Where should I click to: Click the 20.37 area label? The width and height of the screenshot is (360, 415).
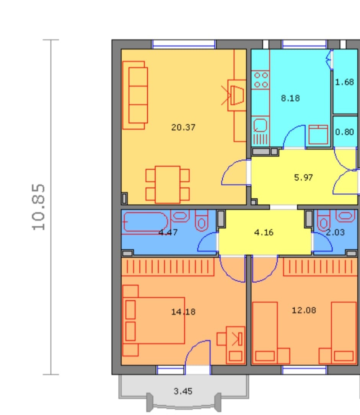pos(183,128)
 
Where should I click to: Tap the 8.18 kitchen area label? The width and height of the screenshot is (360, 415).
pos(290,98)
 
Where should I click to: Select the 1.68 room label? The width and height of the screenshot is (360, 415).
pos(344,82)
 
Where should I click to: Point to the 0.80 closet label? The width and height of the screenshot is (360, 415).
pos(344,132)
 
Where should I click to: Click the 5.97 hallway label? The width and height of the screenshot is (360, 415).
pos(303,177)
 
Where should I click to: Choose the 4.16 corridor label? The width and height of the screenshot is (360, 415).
pos(264,232)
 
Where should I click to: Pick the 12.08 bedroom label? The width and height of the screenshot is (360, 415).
pos(304,310)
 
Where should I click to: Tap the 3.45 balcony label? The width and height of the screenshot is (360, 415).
pos(183,391)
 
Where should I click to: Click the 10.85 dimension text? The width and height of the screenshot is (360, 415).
pos(38,207)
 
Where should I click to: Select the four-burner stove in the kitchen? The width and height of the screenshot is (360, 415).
pos(261,80)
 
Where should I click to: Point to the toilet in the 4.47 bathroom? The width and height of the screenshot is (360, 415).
pos(202,220)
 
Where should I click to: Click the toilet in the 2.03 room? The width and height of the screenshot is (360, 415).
pos(323,220)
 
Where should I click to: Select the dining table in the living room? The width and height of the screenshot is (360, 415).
pos(168,185)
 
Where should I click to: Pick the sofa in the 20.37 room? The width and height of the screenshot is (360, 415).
pos(135,95)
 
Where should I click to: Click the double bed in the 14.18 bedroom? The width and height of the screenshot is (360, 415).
pos(154,321)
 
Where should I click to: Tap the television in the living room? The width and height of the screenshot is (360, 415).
pos(237,95)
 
